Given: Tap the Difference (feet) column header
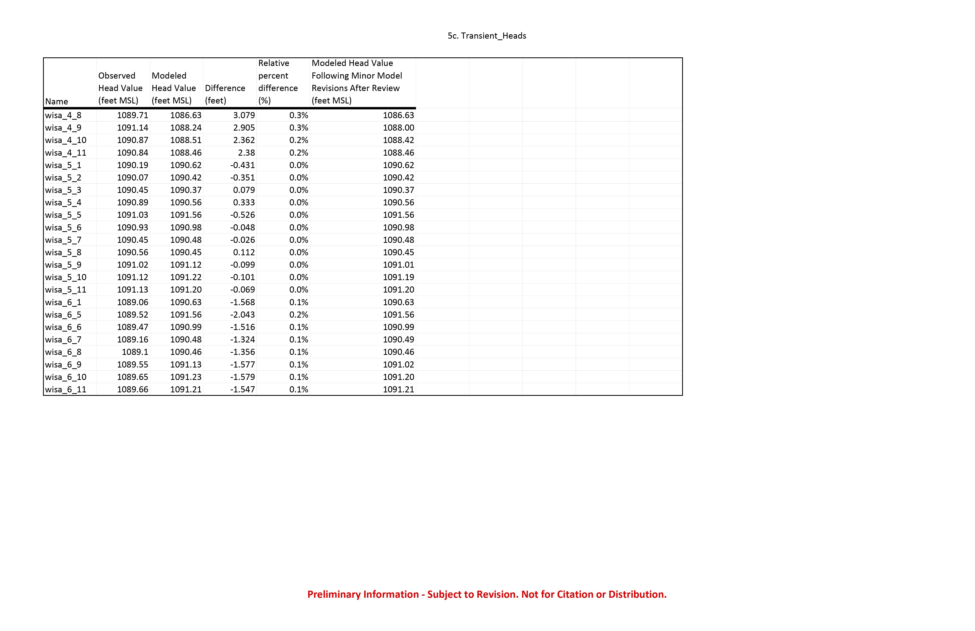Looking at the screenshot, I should [x=225, y=94].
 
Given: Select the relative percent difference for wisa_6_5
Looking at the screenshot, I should [x=299, y=315].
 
